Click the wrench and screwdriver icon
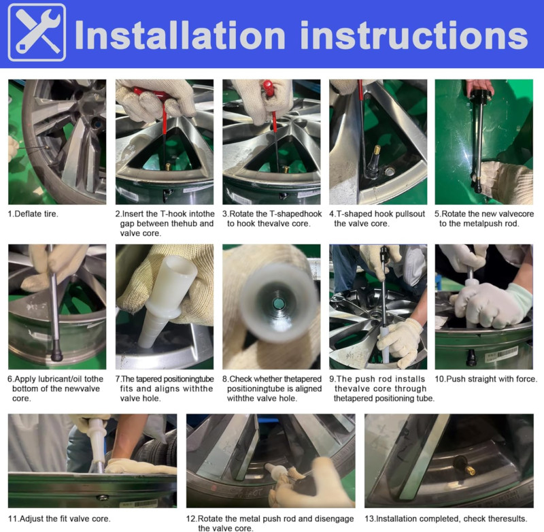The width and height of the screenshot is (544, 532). (37, 32)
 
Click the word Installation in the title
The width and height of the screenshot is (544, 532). (180, 35)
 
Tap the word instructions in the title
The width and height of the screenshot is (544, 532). (414, 35)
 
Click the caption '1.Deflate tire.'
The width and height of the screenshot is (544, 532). (33, 214)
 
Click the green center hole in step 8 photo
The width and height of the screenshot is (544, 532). (279, 303)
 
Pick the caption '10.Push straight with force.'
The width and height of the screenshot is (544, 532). (486, 379)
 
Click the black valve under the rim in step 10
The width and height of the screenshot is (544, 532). (471, 357)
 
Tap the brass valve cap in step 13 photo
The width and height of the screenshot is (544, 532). (471, 471)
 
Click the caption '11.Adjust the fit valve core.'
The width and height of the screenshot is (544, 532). (59, 519)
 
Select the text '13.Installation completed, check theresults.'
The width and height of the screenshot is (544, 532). (446, 519)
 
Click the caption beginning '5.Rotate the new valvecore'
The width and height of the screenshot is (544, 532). (484, 218)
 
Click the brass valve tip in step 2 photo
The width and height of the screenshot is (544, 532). (167, 166)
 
